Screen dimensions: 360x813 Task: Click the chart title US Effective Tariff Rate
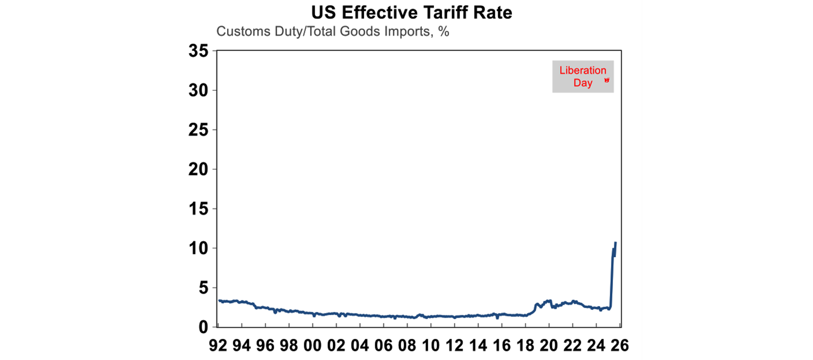pos(411,12)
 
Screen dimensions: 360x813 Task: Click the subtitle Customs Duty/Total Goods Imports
pos(332,31)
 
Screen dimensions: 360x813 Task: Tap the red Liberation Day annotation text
pos(582,77)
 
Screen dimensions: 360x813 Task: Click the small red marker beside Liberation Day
pos(607,80)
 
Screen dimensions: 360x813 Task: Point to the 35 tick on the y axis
pos(199,51)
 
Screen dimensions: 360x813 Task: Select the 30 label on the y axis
pos(199,91)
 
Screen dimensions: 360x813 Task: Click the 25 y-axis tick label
pos(199,130)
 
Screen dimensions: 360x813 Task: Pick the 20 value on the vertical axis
pos(199,169)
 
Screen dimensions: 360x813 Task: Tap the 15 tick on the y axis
pos(199,209)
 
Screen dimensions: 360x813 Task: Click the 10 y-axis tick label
pos(199,248)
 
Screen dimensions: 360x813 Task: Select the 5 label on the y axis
pos(204,288)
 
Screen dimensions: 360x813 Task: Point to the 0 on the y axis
pos(204,327)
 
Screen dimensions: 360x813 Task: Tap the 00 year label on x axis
pos(312,346)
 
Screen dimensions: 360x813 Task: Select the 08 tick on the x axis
pos(406,346)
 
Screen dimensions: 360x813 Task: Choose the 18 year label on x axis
pos(525,346)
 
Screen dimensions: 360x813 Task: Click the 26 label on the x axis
pos(618,346)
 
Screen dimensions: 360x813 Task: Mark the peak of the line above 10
pos(616,242)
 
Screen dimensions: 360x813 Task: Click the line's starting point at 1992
pos(219,300)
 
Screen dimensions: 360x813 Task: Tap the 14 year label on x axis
pos(477,346)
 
